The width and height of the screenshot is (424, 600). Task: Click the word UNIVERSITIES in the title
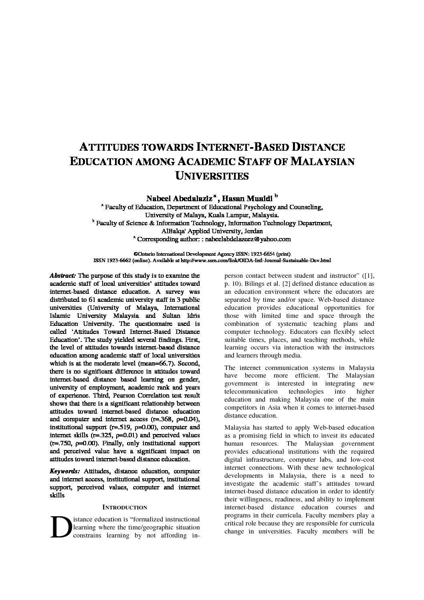212,176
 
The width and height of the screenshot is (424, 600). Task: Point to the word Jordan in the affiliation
253,231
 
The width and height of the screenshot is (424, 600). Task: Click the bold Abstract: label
63,276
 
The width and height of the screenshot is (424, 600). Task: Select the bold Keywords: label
65,471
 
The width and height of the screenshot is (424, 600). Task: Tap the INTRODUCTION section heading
125,507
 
